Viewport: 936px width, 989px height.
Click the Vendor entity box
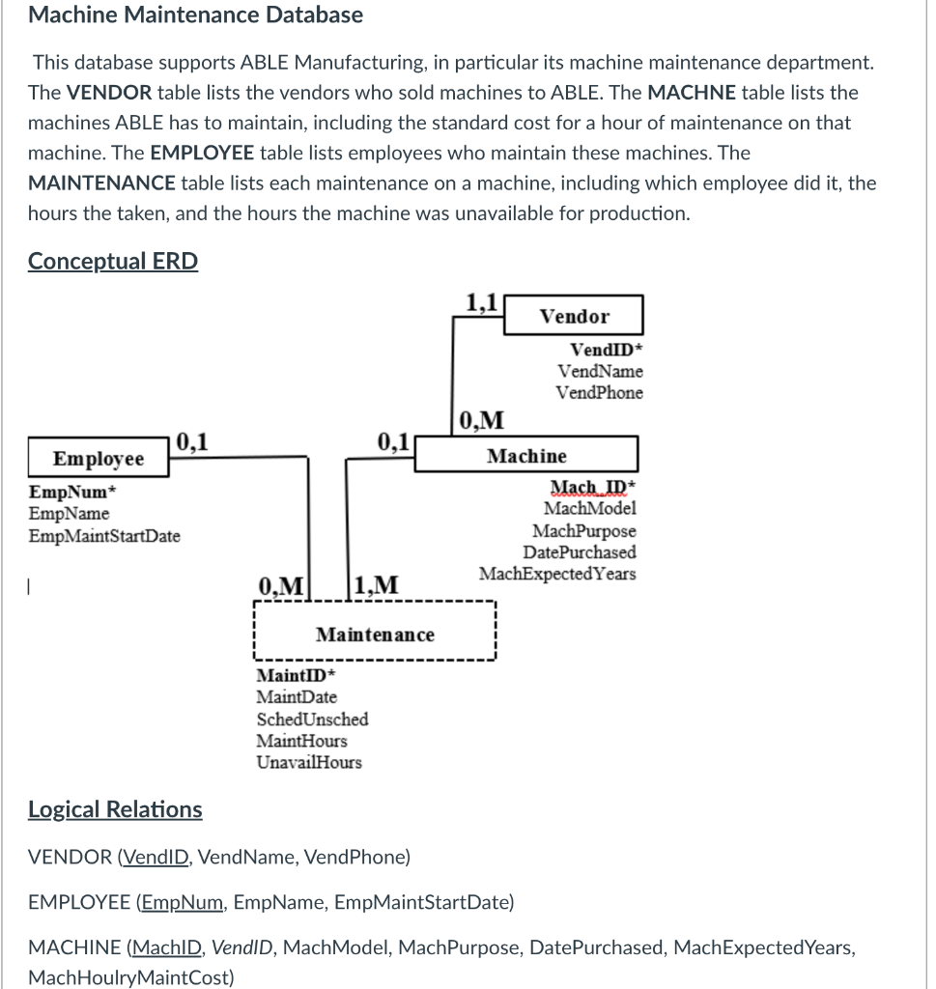click(574, 316)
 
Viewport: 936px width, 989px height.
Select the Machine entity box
click(527, 455)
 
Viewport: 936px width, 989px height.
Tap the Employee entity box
click(98, 459)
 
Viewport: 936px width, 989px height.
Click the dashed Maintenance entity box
click(375, 634)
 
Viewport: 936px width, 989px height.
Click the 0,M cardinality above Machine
click(481, 420)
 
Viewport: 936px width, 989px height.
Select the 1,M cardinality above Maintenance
click(376, 585)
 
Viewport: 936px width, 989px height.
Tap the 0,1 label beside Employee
click(192, 442)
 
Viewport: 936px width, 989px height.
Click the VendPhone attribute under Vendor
click(599, 392)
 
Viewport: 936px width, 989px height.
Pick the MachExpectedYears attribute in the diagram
click(557, 574)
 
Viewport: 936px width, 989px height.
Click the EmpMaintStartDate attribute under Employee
click(104, 535)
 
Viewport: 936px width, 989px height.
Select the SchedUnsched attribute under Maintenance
click(312, 720)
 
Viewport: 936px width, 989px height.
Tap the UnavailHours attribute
click(309, 762)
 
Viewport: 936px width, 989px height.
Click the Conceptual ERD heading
click(113, 262)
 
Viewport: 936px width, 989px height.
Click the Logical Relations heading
click(115, 808)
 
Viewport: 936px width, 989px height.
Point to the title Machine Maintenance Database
click(196, 15)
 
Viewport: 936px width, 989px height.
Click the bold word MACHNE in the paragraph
click(692, 94)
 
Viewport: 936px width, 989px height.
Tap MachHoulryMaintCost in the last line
click(129, 977)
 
